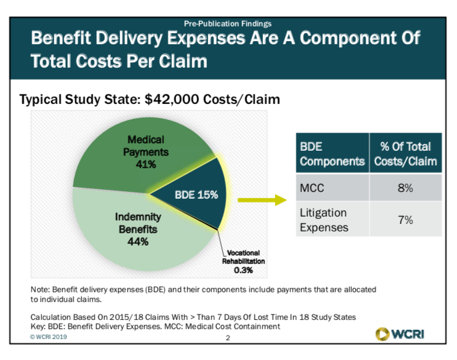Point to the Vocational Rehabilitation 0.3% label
click(x=243, y=262)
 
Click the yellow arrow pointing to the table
click(x=262, y=200)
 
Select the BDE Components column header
click(x=333, y=153)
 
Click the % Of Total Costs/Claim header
click(x=405, y=153)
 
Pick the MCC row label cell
click(x=333, y=188)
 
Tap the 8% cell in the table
click(x=405, y=188)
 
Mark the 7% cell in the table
click(x=405, y=220)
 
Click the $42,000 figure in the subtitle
click(x=172, y=99)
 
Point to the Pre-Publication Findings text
click(x=228, y=23)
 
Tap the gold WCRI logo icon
click(x=382, y=334)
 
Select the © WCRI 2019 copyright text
click(x=49, y=337)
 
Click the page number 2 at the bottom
click(x=228, y=338)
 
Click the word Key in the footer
click(x=38, y=327)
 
